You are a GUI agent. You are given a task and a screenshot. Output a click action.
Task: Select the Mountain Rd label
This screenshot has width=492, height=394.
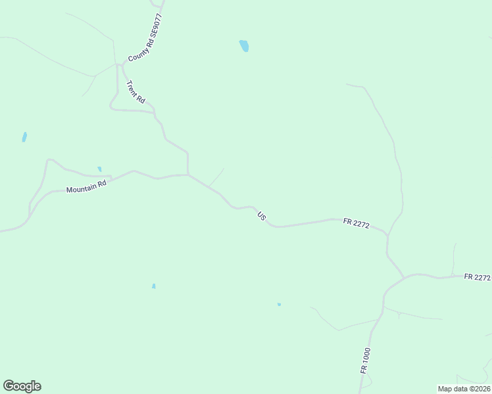[86, 188]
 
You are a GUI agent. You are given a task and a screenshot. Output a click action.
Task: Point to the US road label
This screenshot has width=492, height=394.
[262, 215]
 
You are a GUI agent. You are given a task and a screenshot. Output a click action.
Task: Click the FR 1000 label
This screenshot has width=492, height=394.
[366, 361]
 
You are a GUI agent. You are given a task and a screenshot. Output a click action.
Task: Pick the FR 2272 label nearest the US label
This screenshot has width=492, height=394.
[356, 224]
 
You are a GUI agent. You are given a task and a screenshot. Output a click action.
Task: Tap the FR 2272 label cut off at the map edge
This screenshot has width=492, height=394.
[477, 277]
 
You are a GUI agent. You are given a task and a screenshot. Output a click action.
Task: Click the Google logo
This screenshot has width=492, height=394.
[22, 386]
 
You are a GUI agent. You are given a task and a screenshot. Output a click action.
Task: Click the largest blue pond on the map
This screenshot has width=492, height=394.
[244, 46]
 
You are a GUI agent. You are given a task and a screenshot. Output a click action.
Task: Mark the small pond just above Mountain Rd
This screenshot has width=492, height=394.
[99, 169]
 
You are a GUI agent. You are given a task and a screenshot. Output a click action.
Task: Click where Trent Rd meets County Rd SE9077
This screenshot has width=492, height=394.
[121, 64]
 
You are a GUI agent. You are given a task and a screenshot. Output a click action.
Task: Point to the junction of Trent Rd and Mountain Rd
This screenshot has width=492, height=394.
[188, 175]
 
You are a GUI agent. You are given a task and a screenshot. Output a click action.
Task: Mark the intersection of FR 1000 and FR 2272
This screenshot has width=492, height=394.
[403, 276]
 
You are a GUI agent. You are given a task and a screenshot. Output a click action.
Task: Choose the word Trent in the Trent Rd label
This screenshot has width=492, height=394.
[133, 87]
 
